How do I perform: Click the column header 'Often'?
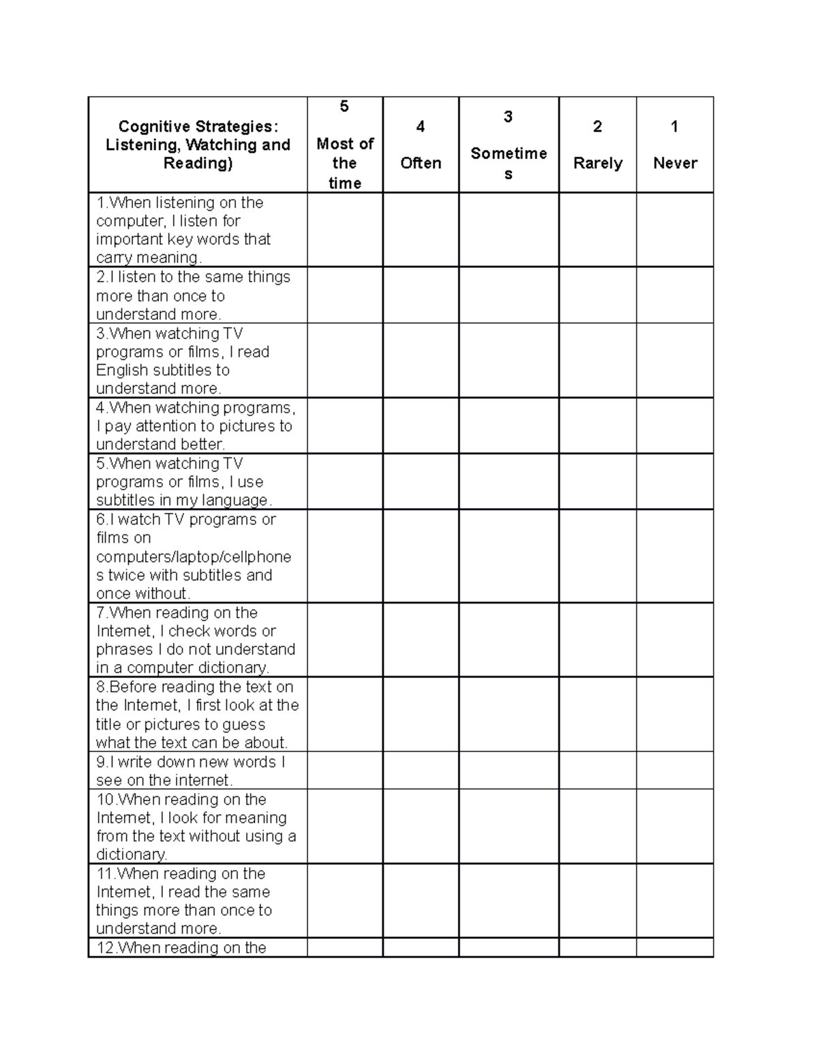421,163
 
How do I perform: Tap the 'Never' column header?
675,163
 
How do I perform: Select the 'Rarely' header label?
598,163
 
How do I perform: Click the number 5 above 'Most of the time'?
344,106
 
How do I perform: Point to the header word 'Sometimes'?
509,154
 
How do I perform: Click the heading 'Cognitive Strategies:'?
198,126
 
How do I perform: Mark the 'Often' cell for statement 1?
421,230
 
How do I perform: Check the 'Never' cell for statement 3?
675,360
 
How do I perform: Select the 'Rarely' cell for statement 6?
598,556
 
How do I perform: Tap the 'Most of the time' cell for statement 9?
344,771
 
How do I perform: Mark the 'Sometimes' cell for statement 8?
509,714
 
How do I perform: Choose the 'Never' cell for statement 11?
675,900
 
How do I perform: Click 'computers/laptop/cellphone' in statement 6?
194,557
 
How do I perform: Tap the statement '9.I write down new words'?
190,762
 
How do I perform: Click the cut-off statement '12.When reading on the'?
181,947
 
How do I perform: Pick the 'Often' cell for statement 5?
421,481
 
